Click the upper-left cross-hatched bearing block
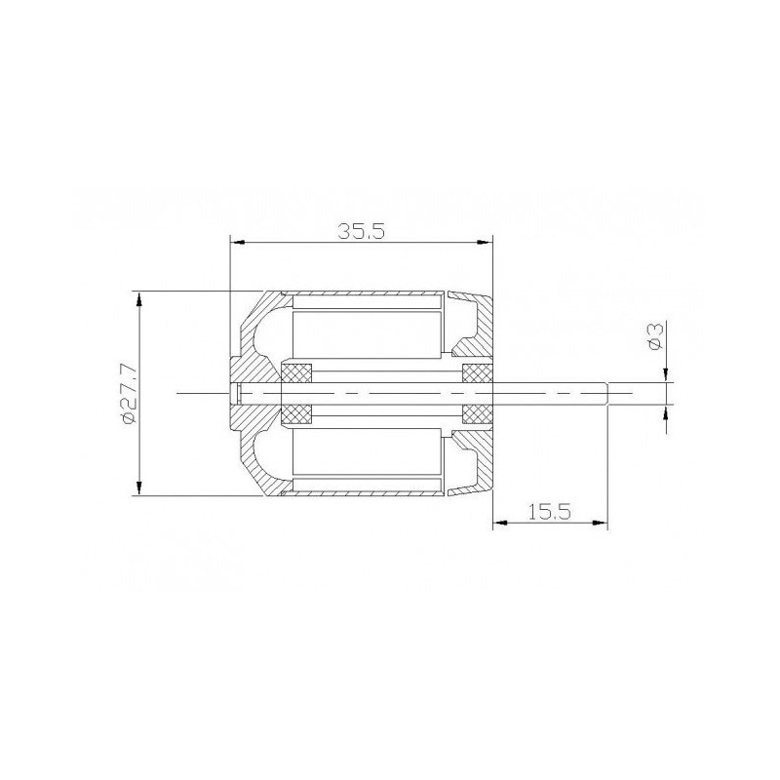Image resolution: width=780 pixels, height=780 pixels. pos(295,373)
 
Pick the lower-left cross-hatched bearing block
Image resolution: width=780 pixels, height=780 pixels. pos(295,413)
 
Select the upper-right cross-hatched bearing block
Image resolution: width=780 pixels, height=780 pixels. pos(477,373)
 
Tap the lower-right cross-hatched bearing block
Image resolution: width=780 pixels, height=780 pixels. pos(477,413)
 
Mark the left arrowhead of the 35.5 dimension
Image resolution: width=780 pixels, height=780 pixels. pos(234,243)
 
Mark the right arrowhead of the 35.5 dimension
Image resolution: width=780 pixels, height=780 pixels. pos(487,243)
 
